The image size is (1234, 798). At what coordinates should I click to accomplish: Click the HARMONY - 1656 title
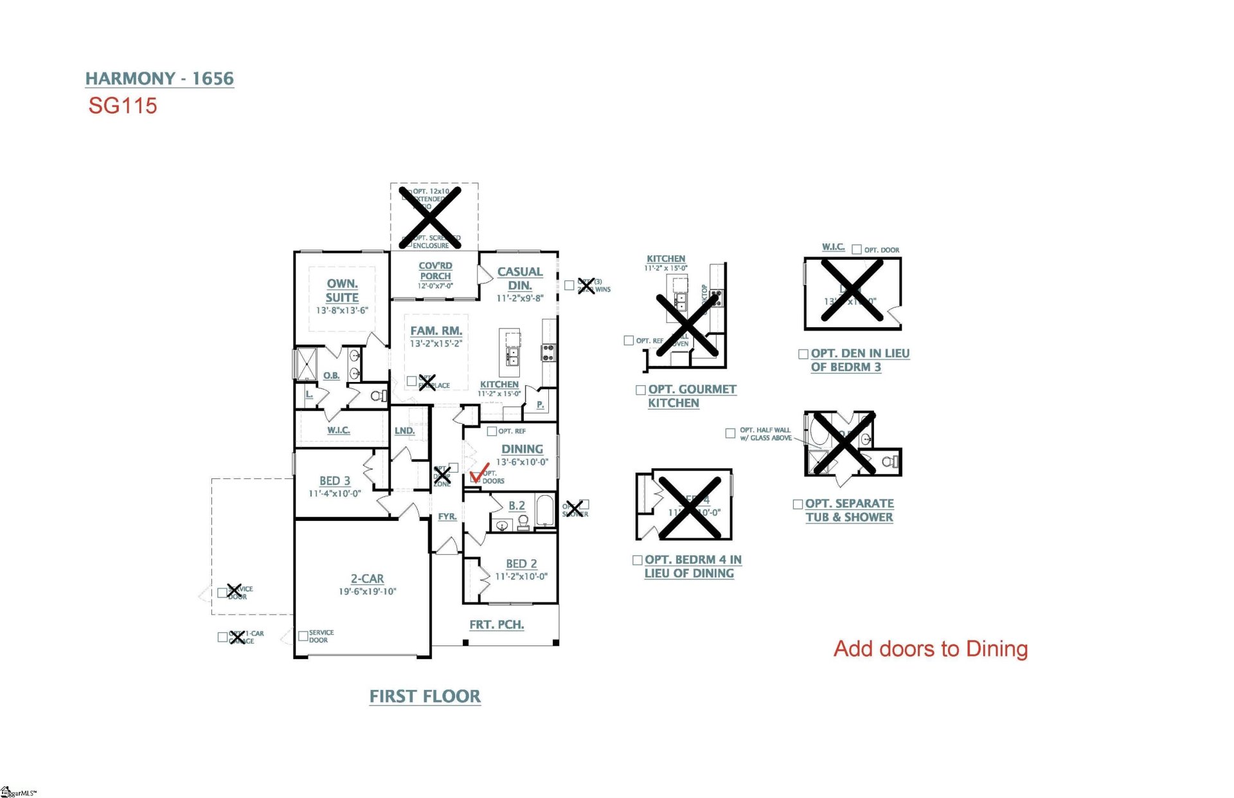pos(159,78)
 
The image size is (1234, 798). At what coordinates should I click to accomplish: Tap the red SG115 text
pos(123,106)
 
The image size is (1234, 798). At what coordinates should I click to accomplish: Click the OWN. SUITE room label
pos(342,291)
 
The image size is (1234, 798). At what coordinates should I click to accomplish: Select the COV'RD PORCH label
pos(435,271)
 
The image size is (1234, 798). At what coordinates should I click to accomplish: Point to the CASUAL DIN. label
pos(520,278)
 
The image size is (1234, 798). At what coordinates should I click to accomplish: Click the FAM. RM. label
pos(436,331)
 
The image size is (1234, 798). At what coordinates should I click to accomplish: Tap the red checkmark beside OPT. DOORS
pos(479,474)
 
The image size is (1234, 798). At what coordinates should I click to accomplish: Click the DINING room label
pos(522,449)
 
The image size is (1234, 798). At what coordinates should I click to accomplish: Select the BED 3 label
pos(335,481)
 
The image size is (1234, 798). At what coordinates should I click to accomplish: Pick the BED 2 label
pos(521,564)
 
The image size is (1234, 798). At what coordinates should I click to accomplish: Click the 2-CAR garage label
pos(367,579)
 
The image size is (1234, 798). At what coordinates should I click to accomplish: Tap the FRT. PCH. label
pos(496,624)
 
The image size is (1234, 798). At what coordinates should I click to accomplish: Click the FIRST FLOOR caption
pos(425,696)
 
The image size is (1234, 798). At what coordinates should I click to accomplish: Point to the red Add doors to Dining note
pos(930,649)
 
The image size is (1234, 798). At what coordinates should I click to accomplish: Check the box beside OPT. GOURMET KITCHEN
pos(640,390)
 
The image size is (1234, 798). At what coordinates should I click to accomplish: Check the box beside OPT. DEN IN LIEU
pos(803,354)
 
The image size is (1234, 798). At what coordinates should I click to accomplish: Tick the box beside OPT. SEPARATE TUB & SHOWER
pos(798,504)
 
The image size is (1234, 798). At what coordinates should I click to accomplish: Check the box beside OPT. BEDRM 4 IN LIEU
pos(638,560)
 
